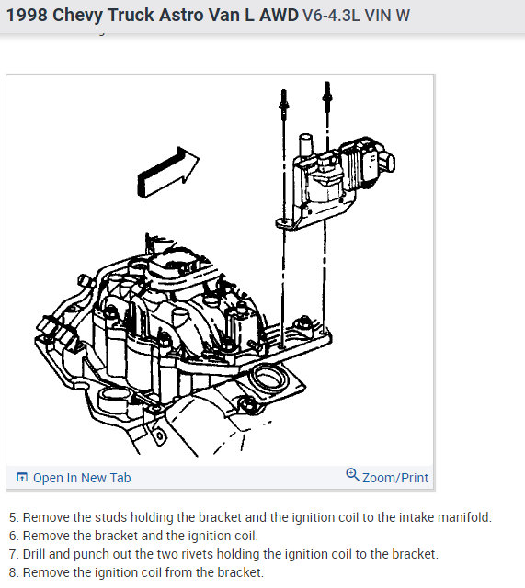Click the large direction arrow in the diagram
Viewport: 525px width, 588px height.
click(167, 173)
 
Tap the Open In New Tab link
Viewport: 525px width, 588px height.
click(82, 478)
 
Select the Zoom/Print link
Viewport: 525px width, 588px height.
click(394, 478)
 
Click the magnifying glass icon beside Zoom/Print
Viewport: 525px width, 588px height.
click(352, 474)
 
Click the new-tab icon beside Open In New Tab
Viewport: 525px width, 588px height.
click(22, 477)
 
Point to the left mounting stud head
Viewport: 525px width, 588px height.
click(284, 102)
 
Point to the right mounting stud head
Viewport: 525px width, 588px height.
click(327, 94)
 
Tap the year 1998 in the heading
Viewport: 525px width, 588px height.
click(27, 16)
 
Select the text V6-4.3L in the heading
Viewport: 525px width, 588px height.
click(331, 16)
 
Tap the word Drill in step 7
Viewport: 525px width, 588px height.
click(34, 554)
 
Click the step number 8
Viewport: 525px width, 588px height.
click(13, 572)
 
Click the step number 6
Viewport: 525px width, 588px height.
click(13, 536)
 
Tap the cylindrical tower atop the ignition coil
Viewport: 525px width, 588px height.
click(306, 145)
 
